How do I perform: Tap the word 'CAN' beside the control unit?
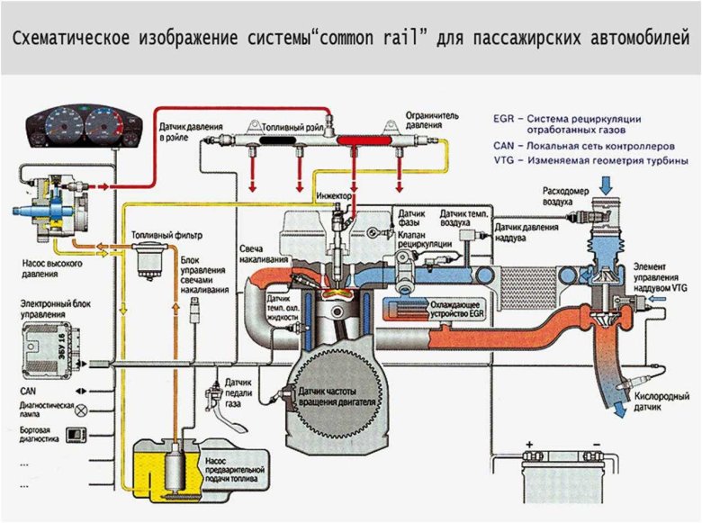click(28, 392)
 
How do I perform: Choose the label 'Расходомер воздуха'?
click(566, 196)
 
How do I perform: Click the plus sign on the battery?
click(530, 444)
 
